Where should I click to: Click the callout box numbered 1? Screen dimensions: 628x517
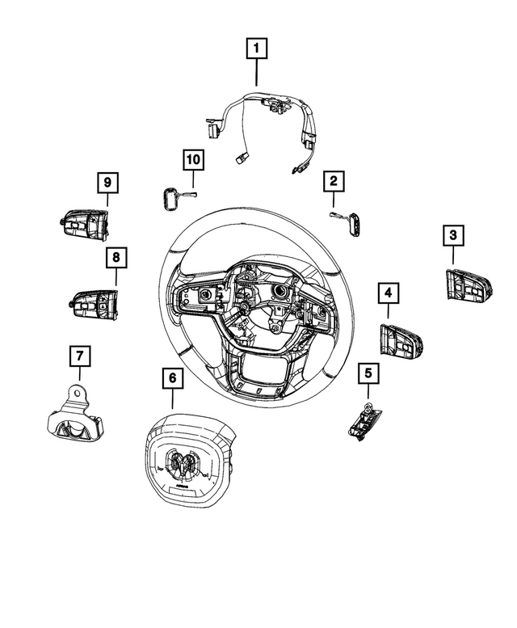[257, 50]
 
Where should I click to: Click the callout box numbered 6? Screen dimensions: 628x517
[171, 377]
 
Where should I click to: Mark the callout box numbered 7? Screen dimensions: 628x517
[79, 356]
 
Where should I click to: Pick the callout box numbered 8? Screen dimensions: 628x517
[116, 258]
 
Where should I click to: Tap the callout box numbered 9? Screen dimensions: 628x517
[107, 183]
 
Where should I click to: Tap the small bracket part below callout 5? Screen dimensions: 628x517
[364, 422]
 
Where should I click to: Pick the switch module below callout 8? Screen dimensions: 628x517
[95, 305]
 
